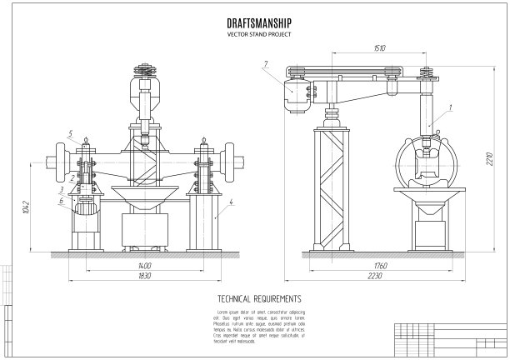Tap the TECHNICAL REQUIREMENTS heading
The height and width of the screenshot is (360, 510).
point(258,297)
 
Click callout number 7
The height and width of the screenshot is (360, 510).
point(265,63)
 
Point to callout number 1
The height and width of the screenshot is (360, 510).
point(450,107)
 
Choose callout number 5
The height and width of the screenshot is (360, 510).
point(72,133)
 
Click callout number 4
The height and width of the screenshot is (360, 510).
point(232,202)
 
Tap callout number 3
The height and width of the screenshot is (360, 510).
point(62,191)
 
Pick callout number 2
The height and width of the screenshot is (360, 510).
point(72,177)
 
